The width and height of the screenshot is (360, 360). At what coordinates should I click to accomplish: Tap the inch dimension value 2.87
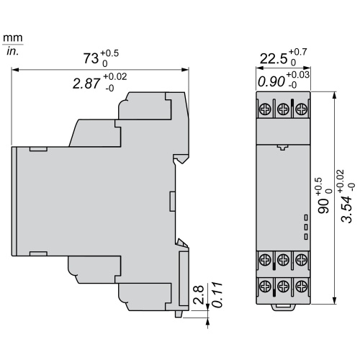click(x=87, y=84)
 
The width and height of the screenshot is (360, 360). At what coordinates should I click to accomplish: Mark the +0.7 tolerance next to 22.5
click(x=297, y=52)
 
